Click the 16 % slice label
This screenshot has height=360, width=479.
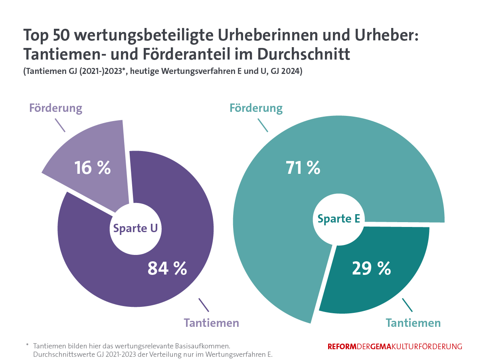92,167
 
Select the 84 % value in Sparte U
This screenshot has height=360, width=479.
167,268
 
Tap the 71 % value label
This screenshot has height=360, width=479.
303,167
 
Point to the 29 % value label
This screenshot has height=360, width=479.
371,268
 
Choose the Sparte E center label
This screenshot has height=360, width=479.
339,219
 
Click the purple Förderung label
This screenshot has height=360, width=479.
55,108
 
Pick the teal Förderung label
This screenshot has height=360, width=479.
256,108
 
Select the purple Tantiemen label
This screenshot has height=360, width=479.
211,322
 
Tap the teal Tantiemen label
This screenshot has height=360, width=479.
413,322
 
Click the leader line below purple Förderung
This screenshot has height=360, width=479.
60,125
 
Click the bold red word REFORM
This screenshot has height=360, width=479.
342,347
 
